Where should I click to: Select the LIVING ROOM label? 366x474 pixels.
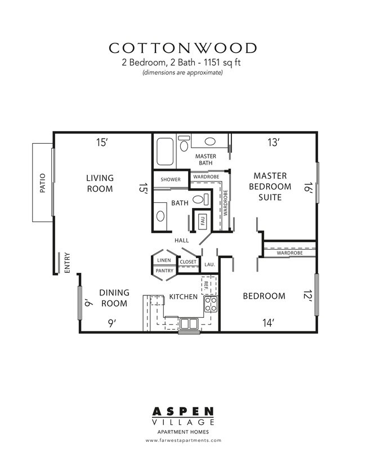click(x=100, y=183)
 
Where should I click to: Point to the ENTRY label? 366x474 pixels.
click(x=67, y=263)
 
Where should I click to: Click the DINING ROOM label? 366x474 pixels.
click(x=114, y=298)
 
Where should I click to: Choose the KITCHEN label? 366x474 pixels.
click(x=184, y=296)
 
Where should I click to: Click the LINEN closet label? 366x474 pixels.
click(x=164, y=260)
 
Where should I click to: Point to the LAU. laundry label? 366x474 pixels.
click(x=210, y=264)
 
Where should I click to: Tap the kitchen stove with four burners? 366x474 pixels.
click(x=210, y=305)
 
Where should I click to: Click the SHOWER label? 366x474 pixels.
click(x=170, y=179)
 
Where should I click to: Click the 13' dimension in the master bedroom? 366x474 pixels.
click(x=274, y=143)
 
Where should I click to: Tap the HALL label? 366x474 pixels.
click(x=181, y=240)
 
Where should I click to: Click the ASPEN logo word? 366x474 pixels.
click(x=183, y=413)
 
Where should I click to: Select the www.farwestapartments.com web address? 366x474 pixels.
click(x=183, y=440)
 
